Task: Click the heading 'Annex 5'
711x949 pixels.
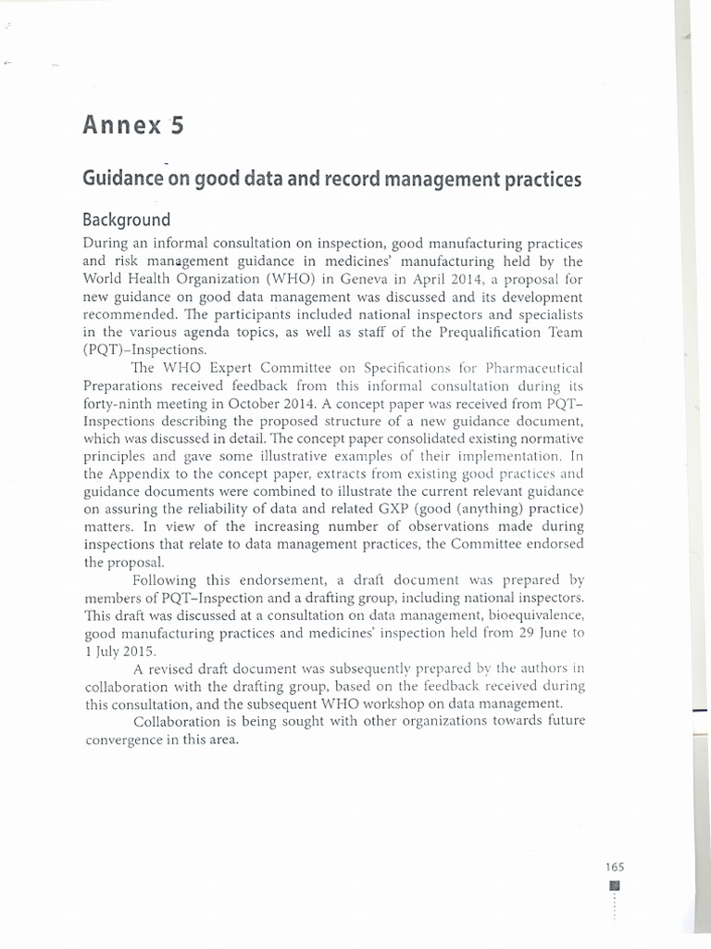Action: click(133, 125)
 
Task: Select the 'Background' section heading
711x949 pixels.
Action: click(127, 221)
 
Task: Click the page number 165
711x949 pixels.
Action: click(615, 867)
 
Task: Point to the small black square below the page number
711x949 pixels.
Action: click(615, 885)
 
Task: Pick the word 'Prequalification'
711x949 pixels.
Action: click(478, 332)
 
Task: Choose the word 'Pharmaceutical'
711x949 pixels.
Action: click(530, 368)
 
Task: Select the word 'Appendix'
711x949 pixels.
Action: click(151, 474)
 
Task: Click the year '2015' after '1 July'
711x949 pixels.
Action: click(137, 651)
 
